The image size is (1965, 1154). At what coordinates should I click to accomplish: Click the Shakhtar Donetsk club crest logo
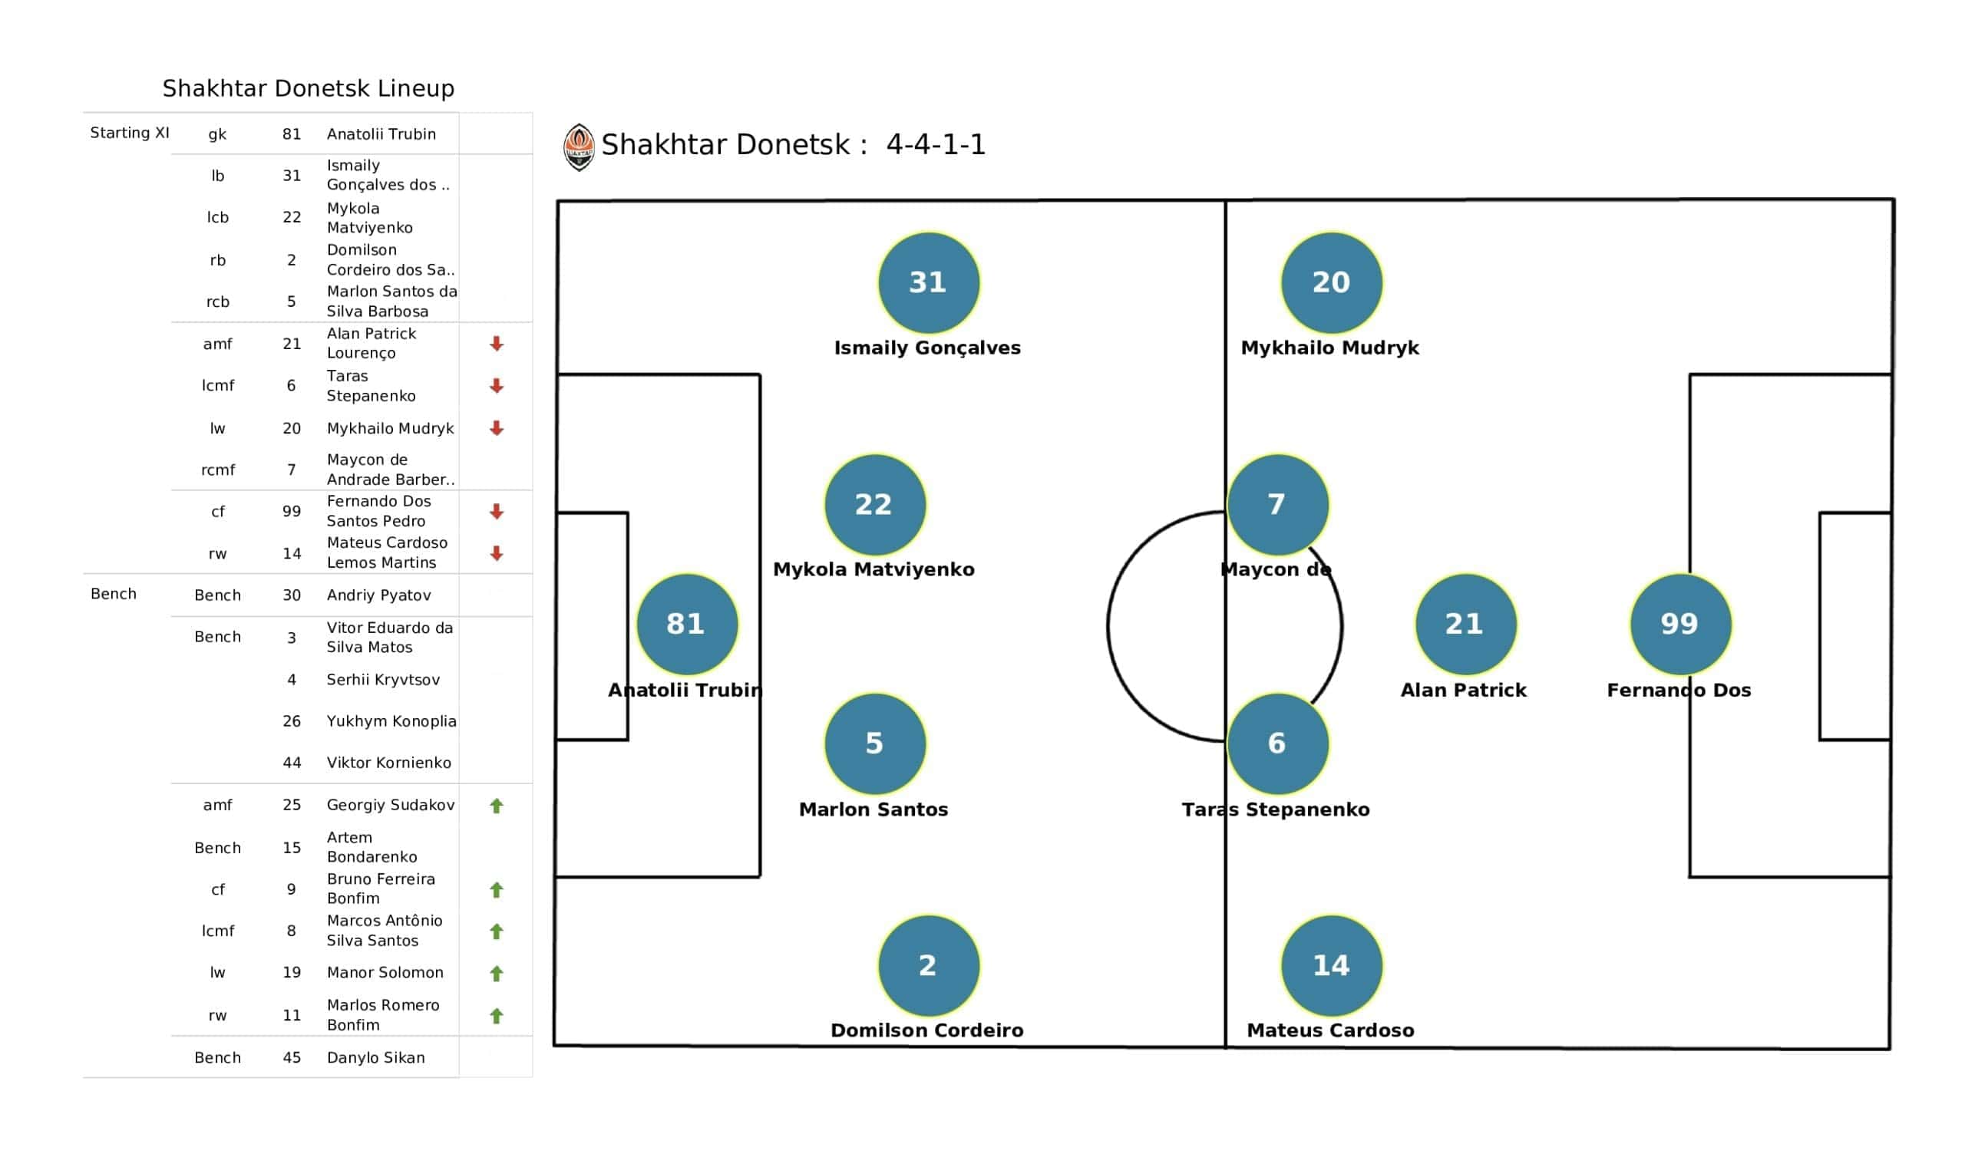coord(579,147)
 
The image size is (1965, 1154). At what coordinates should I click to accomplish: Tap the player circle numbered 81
coord(687,625)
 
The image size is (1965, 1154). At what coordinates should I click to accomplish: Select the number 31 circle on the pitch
coord(928,283)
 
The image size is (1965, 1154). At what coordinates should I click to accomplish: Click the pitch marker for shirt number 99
coord(1680,625)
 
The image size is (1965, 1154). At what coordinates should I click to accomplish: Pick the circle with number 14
coord(1331,966)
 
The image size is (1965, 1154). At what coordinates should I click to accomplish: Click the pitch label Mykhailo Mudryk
coord(1329,348)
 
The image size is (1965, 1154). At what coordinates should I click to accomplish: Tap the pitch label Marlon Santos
coord(874,809)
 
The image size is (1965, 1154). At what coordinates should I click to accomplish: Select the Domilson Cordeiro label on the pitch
coord(926,1030)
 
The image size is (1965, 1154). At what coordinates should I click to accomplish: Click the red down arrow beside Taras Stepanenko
coord(496,386)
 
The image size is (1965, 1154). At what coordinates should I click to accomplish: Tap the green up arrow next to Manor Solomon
coord(496,973)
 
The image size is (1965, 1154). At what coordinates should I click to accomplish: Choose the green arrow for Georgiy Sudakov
coord(496,806)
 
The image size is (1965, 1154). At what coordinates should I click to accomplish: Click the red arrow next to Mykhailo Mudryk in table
coord(496,428)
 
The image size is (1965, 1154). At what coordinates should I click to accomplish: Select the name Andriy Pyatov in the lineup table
coord(378,595)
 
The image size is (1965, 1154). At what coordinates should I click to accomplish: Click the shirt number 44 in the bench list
coord(292,763)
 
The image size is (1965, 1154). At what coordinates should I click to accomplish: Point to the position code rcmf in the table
coord(217,470)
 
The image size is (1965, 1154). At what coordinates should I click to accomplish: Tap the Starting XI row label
coord(130,133)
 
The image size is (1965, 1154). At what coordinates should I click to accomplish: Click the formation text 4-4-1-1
coord(936,145)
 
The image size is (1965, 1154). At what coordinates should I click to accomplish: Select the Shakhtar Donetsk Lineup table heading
coord(308,88)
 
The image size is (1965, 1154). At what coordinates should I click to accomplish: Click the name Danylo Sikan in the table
coord(376,1058)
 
